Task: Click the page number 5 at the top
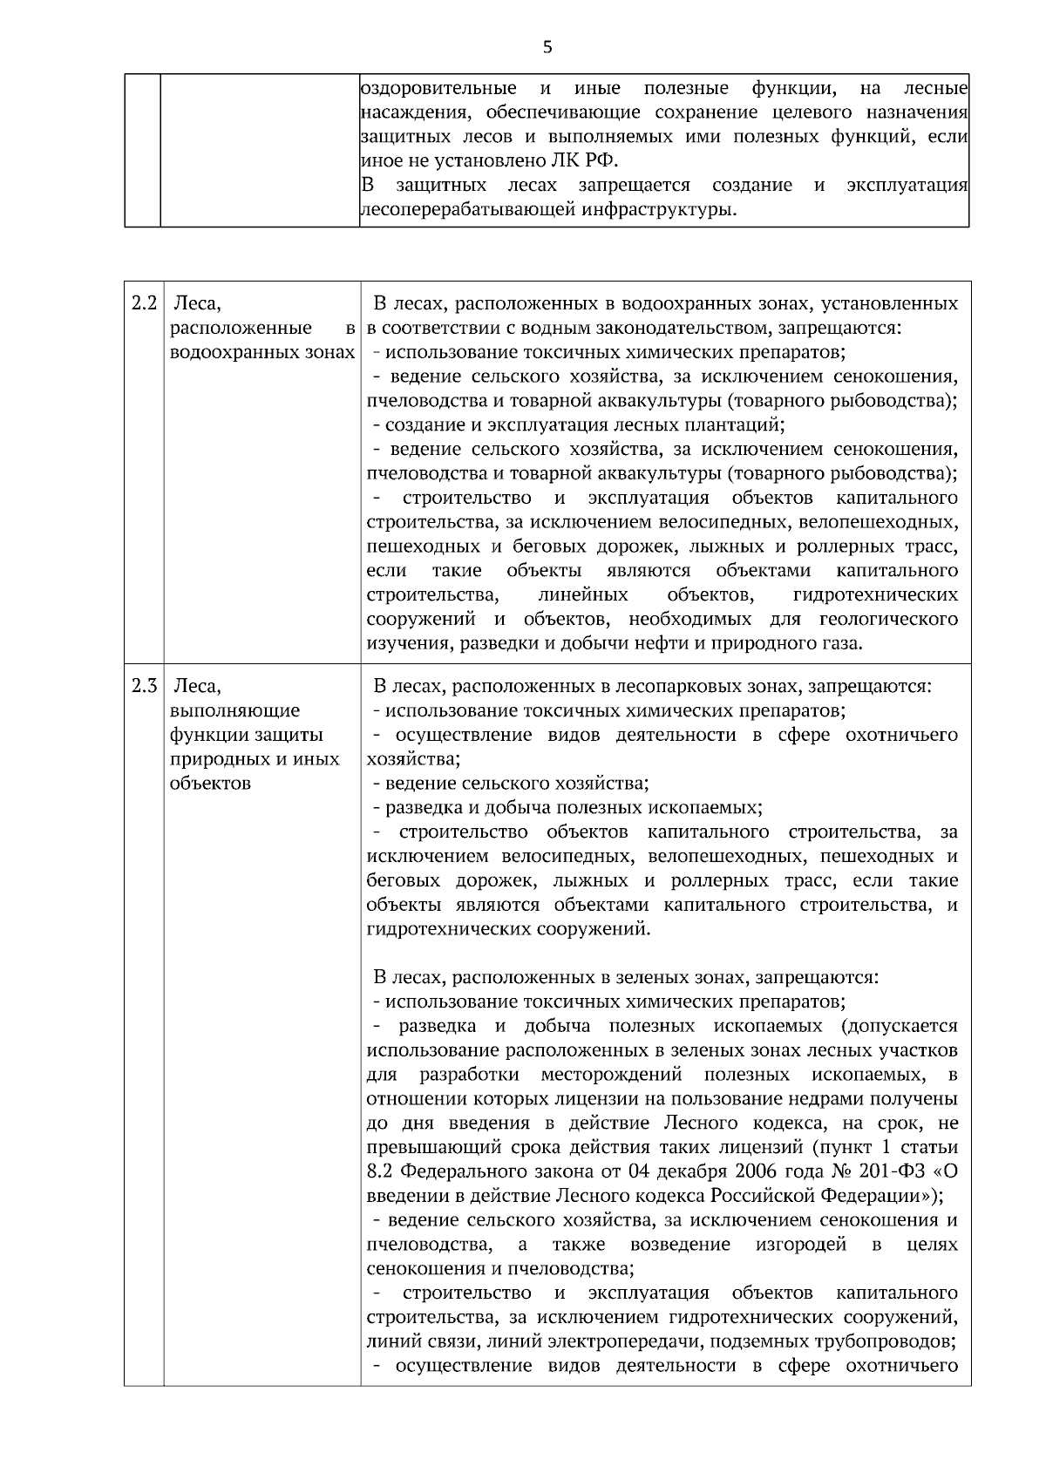[x=547, y=47]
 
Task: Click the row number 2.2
[x=143, y=303]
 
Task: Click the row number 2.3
[x=143, y=685]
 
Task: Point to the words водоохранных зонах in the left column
[x=262, y=352]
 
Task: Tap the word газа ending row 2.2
[x=839, y=644]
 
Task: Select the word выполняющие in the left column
[x=235, y=710]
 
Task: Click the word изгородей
[x=801, y=1244]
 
